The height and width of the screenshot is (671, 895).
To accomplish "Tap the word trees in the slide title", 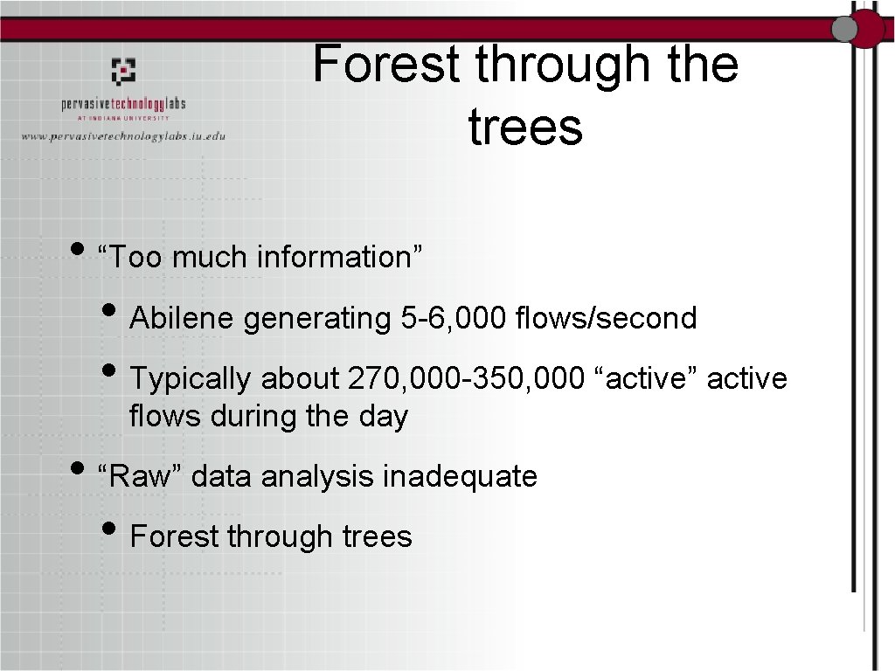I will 525,127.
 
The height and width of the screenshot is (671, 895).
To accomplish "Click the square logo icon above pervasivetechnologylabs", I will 123,71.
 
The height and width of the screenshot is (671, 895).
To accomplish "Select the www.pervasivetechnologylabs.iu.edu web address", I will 123,136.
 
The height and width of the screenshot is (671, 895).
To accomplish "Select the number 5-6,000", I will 454,319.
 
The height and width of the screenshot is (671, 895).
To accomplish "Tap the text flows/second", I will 607,319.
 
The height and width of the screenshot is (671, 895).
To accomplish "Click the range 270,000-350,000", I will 464,379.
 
